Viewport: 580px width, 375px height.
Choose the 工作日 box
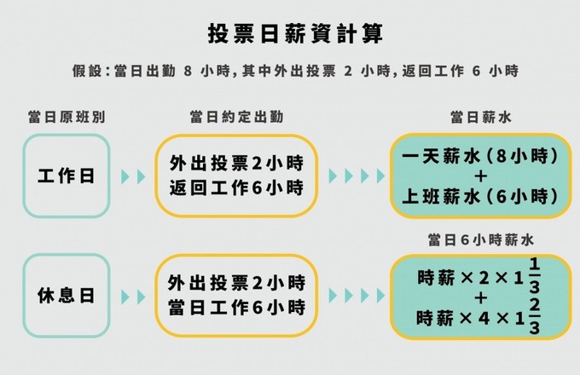[x=66, y=176]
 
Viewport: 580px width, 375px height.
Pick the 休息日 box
[x=66, y=297]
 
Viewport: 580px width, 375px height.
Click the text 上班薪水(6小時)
[x=480, y=197]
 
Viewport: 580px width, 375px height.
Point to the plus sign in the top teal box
[x=480, y=177]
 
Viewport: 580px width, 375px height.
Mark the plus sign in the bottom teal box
[x=480, y=297]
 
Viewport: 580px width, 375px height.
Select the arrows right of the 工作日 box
[x=134, y=176]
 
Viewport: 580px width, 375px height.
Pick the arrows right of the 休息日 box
[x=134, y=297]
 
